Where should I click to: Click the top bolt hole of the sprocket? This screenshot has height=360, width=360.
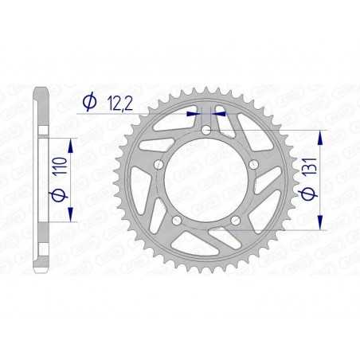(206, 131)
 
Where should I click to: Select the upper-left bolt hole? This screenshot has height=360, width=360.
(158, 164)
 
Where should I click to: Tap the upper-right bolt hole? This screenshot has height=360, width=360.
(253, 164)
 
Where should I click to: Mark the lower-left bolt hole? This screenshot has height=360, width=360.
(176, 220)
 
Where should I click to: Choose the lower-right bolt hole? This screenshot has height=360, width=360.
(236, 220)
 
